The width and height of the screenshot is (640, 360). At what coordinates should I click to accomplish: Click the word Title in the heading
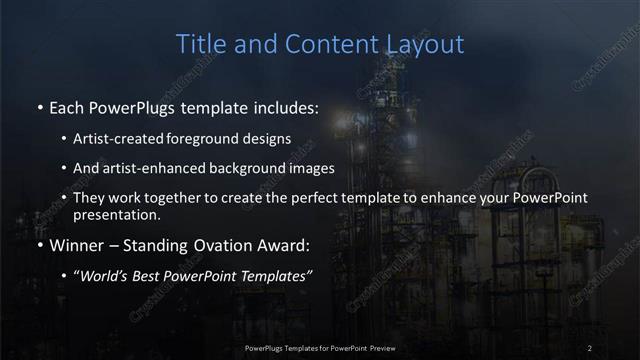[200, 44]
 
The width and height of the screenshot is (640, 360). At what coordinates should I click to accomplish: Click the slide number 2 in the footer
[591, 347]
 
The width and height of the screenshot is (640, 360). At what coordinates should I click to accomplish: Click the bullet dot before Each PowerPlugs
[38, 105]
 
